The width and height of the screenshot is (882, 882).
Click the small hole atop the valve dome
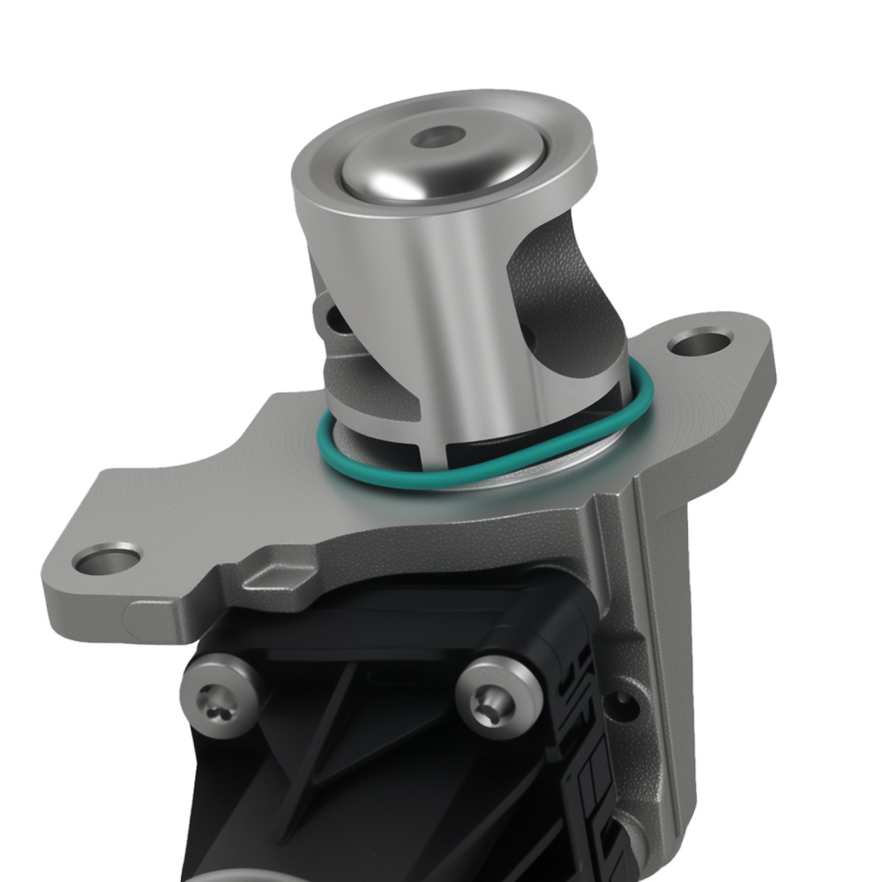438,138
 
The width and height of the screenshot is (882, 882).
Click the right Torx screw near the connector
497,697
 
